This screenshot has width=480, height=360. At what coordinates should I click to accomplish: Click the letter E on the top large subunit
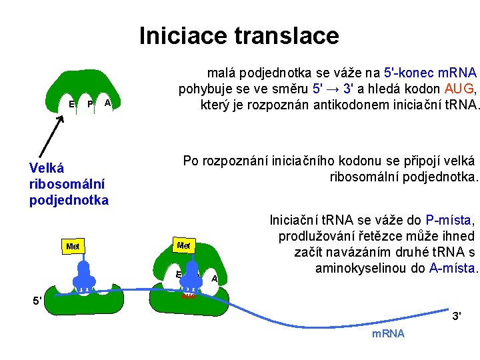click(71, 104)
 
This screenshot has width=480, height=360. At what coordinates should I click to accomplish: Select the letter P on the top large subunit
click(90, 104)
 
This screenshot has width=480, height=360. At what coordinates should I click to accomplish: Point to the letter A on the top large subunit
click(107, 103)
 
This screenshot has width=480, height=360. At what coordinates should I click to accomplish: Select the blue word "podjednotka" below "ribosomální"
click(69, 200)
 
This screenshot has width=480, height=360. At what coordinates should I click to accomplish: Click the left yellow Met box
click(73, 247)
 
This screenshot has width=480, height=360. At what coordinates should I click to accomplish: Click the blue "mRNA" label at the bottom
click(388, 333)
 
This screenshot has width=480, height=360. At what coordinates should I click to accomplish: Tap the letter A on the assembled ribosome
click(214, 279)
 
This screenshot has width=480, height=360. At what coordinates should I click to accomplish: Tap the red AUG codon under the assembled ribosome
click(189, 295)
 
